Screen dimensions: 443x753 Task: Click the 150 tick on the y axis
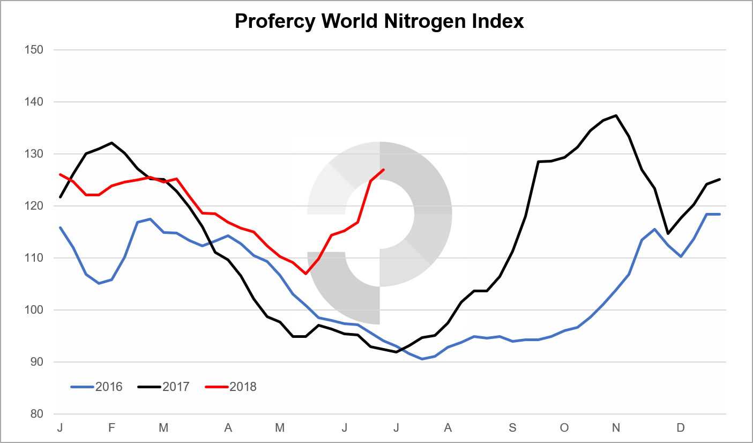(x=34, y=50)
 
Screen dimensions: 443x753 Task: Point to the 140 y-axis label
(x=34, y=102)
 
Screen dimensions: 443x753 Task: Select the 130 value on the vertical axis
(x=34, y=154)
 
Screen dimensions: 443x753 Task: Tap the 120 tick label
(x=34, y=206)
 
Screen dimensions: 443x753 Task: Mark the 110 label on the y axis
(x=34, y=258)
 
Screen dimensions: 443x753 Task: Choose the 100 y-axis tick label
(x=34, y=310)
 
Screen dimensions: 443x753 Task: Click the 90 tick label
(x=36, y=362)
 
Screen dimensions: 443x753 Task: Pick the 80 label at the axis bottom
(x=36, y=414)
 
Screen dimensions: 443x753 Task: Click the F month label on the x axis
(x=111, y=427)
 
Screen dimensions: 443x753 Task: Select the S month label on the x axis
(x=513, y=427)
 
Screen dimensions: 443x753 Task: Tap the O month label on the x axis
(x=564, y=427)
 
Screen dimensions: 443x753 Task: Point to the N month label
(x=616, y=427)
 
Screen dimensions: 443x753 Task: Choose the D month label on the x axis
(x=681, y=427)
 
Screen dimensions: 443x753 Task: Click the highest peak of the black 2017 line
(x=616, y=115)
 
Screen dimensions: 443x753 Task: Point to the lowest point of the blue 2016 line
(x=422, y=359)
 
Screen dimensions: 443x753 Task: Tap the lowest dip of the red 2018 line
(x=306, y=274)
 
